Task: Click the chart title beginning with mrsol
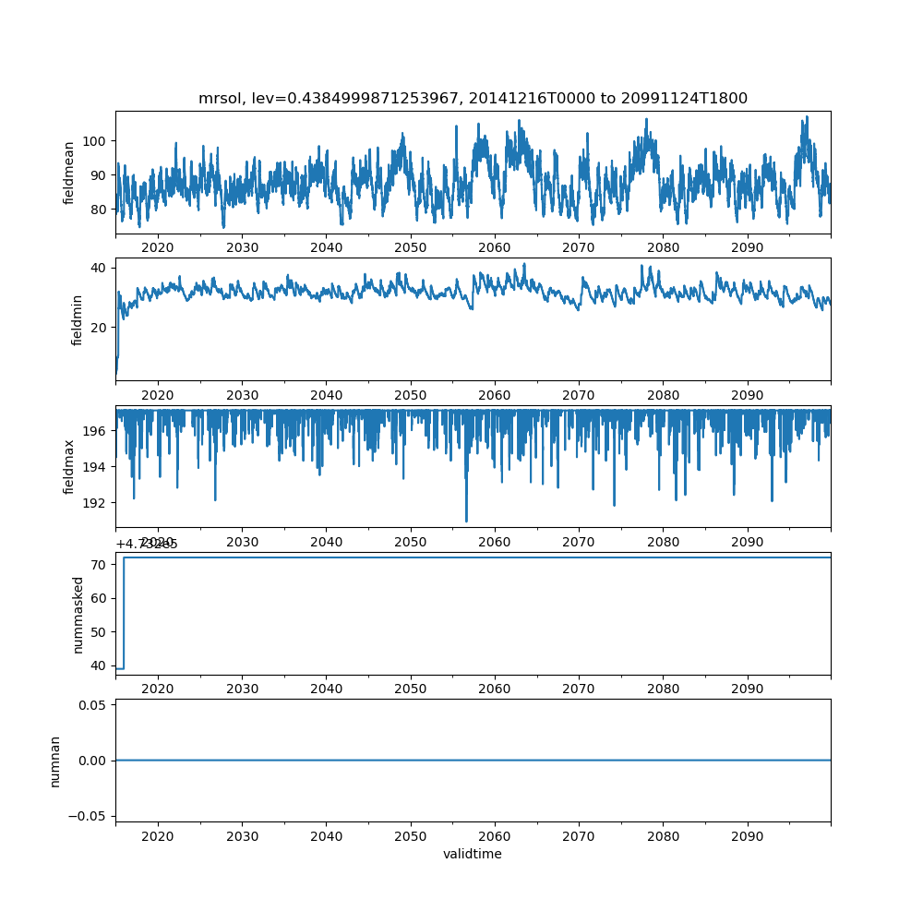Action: coord(473,98)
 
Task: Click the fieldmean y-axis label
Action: coord(69,174)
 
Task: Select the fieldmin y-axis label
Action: coord(78,320)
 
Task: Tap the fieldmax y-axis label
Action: coord(69,467)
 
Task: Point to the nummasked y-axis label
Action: coord(78,615)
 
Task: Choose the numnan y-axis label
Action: coord(55,761)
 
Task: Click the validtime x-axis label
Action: coord(473,855)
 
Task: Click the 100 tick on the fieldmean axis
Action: coord(96,141)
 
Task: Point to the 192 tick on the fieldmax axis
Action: coord(96,503)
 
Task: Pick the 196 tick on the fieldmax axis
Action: coord(96,431)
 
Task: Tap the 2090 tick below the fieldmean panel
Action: coord(748,247)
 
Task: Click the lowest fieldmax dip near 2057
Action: coord(466,520)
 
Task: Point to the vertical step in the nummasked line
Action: coord(124,613)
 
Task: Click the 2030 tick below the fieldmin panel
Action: coord(242,394)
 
